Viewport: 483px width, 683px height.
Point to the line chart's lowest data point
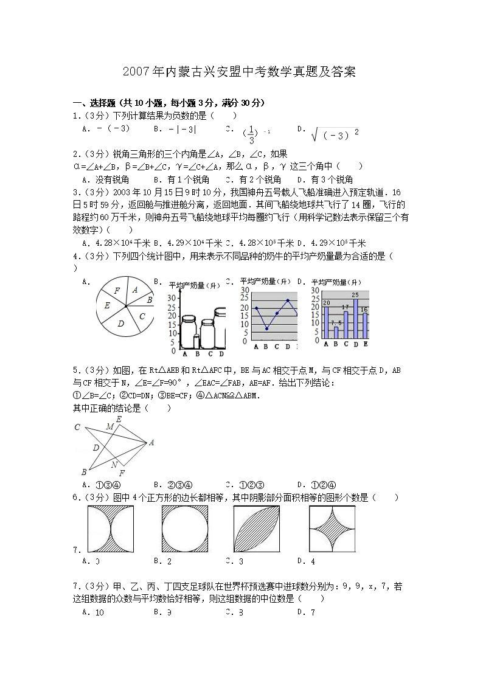266,329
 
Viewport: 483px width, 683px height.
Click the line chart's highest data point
288,300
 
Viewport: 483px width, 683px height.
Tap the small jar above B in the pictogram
196,342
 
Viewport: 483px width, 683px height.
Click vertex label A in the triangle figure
151,442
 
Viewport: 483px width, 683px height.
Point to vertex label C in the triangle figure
77,428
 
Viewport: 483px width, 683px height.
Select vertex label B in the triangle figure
84,472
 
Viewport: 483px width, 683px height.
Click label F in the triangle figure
122,473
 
